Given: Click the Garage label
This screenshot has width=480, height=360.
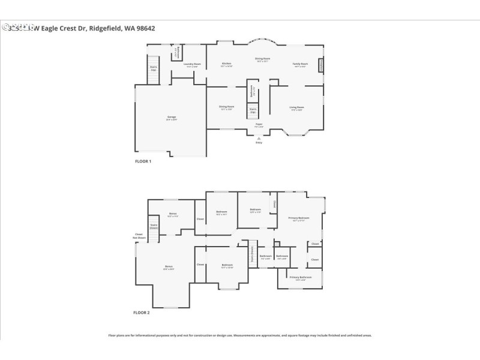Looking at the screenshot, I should (x=172, y=118).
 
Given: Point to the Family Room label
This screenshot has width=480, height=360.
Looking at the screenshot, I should (x=300, y=64).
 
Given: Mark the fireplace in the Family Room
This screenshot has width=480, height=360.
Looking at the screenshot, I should (x=321, y=65).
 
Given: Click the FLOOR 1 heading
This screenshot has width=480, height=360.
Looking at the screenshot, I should (x=142, y=161).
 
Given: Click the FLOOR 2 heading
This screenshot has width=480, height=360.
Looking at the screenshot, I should (x=142, y=313).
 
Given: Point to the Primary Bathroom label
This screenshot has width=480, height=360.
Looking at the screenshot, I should (x=301, y=278).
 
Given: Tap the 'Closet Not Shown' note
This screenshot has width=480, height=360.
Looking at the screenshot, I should (x=139, y=236).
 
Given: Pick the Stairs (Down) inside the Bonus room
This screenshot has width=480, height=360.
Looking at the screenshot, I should (x=154, y=227).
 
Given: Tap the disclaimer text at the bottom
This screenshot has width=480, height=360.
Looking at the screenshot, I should (x=239, y=336).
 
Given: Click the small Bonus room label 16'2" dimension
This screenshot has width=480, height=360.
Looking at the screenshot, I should (x=173, y=215).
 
